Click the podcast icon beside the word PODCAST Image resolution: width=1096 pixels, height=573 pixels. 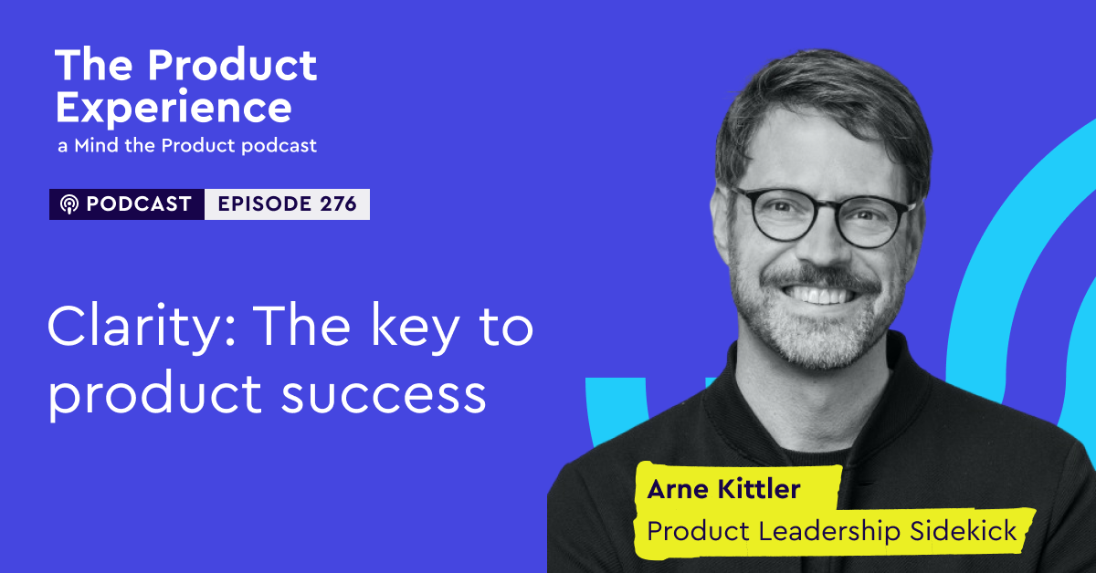(x=68, y=204)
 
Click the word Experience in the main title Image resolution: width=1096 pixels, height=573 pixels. (x=174, y=108)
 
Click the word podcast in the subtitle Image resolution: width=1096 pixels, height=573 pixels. (x=279, y=146)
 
